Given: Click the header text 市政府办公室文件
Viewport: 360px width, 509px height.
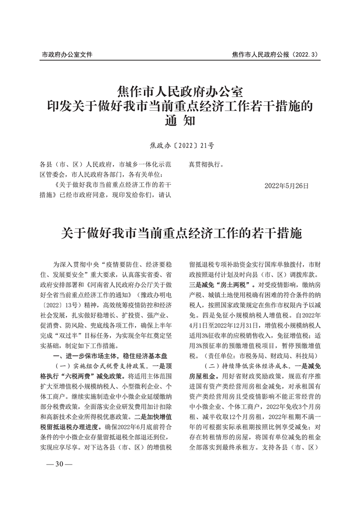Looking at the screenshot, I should (67, 54).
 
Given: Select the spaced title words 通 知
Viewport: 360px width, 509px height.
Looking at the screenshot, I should (180, 121).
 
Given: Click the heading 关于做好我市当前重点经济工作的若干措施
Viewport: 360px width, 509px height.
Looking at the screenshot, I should (180, 234).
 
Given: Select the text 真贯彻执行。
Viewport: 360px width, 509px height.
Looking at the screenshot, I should (206, 164).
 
